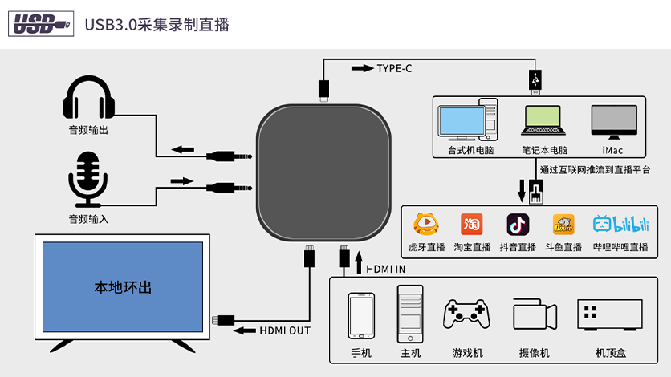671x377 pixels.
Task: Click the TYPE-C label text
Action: click(x=394, y=68)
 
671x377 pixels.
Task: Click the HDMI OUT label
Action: click(x=284, y=330)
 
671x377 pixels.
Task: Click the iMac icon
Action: click(x=612, y=121)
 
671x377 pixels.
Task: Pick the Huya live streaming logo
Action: click(x=425, y=224)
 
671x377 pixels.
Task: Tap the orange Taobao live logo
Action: click(x=471, y=224)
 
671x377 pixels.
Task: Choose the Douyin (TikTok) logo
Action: click(x=518, y=224)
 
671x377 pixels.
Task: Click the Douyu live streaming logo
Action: click(x=563, y=224)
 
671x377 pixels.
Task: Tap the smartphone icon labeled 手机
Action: click(x=360, y=317)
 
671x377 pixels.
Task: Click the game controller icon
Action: click(x=467, y=314)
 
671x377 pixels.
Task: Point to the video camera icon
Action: click(x=535, y=315)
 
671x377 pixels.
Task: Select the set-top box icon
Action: click(x=610, y=314)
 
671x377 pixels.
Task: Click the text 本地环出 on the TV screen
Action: click(x=123, y=287)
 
